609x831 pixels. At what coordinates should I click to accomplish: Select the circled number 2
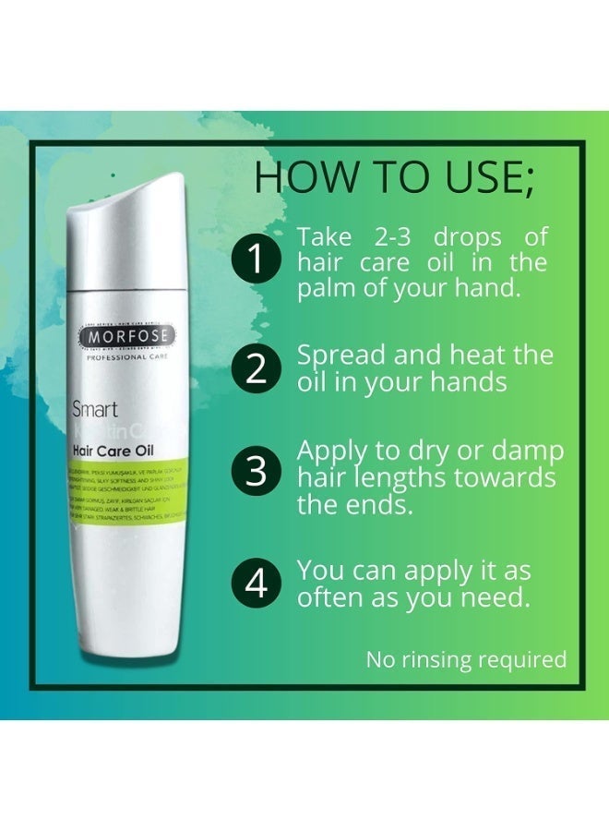click(259, 367)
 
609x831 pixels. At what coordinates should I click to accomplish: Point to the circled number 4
click(259, 584)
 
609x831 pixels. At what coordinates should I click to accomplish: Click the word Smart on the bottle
click(94, 409)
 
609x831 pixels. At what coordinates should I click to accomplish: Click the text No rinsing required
click(466, 659)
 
